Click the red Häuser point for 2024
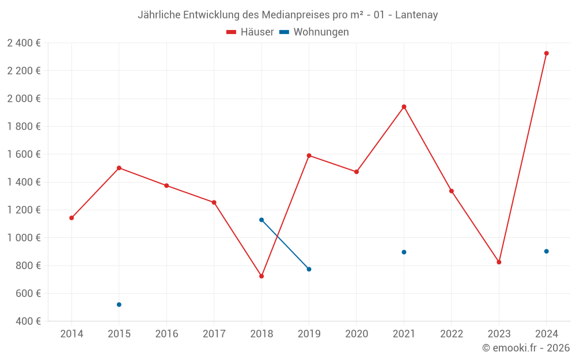click(547, 54)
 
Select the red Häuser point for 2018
click(262, 276)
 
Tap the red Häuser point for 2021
click(404, 107)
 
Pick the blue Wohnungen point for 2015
click(119, 305)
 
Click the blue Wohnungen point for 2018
click(262, 220)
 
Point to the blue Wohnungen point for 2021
click(404, 252)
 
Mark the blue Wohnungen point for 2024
click(547, 251)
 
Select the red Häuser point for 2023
click(499, 262)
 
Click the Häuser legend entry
click(251, 32)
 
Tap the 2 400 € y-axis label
click(24, 43)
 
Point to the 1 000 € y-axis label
click(24, 238)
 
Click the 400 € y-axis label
click(28, 321)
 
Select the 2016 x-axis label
click(166, 334)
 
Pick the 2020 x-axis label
click(357, 334)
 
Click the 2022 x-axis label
click(452, 334)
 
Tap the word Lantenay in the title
click(416, 15)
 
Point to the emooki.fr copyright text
click(526, 348)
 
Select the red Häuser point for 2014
click(71, 218)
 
